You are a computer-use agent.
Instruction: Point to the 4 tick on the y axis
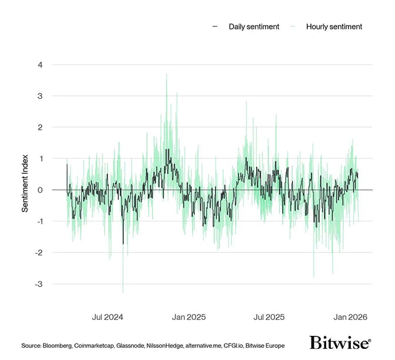pyautogui.click(x=40, y=65)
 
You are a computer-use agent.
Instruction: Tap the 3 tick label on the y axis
pyautogui.click(x=40, y=96)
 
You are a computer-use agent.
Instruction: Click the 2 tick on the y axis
pyautogui.click(x=40, y=127)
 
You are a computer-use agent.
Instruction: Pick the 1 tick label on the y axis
pyautogui.click(x=40, y=159)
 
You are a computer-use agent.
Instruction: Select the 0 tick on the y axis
pyautogui.click(x=40, y=190)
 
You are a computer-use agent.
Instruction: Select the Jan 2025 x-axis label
pyautogui.click(x=188, y=317)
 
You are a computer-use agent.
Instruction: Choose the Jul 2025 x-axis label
pyautogui.click(x=268, y=317)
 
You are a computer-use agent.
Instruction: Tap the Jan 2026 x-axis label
pyautogui.click(x=351, y=317)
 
